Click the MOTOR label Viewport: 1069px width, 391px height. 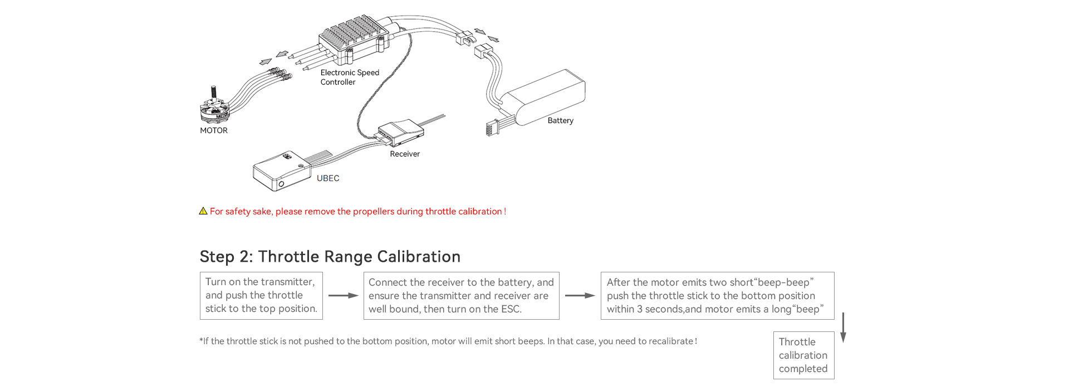[x=214, y=130]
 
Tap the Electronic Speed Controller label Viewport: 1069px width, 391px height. [x=349, y=77]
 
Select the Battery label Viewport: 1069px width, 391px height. [x=560, y=120]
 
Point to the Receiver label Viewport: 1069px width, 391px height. [x=405, y=154]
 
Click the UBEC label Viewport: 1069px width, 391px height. [x=328, y=178]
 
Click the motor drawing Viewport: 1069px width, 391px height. [x=214, y=109]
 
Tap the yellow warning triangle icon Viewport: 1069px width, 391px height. [x=203, y=211]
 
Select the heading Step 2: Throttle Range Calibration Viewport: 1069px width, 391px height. [x=330, y=256]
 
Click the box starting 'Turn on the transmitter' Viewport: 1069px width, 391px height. [x=261, y=296]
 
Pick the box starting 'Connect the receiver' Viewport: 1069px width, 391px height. [x=461, y=296]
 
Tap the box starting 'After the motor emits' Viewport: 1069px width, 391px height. [x=717, y=296]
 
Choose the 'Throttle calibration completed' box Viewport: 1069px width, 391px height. [x=803, y=355]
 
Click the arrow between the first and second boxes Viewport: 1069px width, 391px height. [x=343, y=296]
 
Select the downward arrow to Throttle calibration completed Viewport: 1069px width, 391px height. [x=843, y=328]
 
